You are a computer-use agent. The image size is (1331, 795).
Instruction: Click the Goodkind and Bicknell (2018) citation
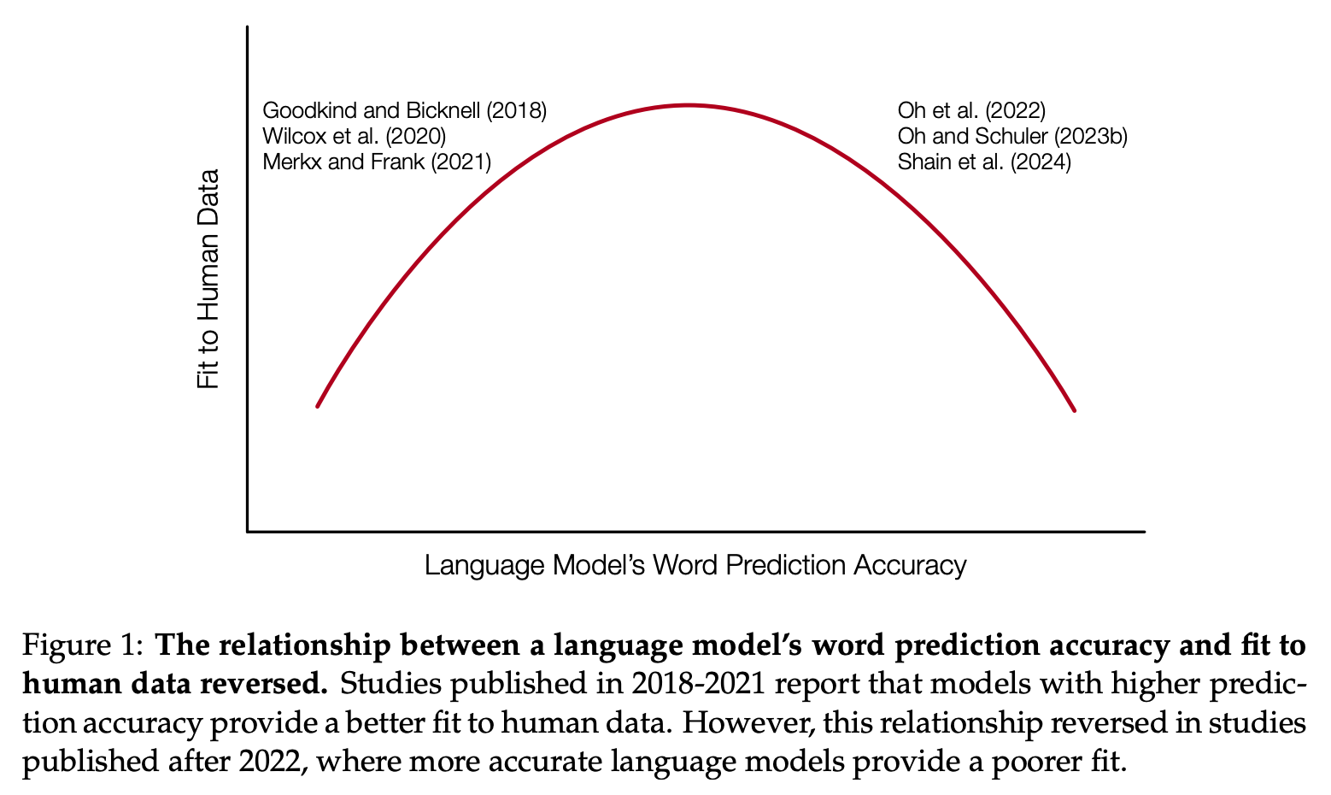pos(404,110)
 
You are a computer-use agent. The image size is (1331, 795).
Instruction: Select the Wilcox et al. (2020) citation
pos(354,136)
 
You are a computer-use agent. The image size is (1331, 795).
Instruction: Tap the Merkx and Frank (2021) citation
pos(377,162)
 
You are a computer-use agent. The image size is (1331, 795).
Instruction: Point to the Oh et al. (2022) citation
pos(971,110)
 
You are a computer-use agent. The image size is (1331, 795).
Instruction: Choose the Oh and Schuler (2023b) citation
pos(1012,136)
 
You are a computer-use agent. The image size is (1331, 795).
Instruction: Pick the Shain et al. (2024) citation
pos(984,162)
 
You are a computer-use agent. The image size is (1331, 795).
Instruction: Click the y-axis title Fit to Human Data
pos(208,280)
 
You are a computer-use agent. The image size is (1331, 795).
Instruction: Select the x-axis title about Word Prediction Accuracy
pos(695,565)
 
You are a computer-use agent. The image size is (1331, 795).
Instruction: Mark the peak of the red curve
pos(689,105)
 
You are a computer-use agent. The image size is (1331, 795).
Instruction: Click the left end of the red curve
pos(317,406)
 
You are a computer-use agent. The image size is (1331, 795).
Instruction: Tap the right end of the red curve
pos(1075,411)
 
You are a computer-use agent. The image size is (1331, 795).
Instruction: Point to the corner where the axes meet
pos(248,532)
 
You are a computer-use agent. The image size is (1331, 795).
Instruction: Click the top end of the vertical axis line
pos(248,28)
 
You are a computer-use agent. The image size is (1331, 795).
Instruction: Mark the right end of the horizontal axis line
pos(1143,532)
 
